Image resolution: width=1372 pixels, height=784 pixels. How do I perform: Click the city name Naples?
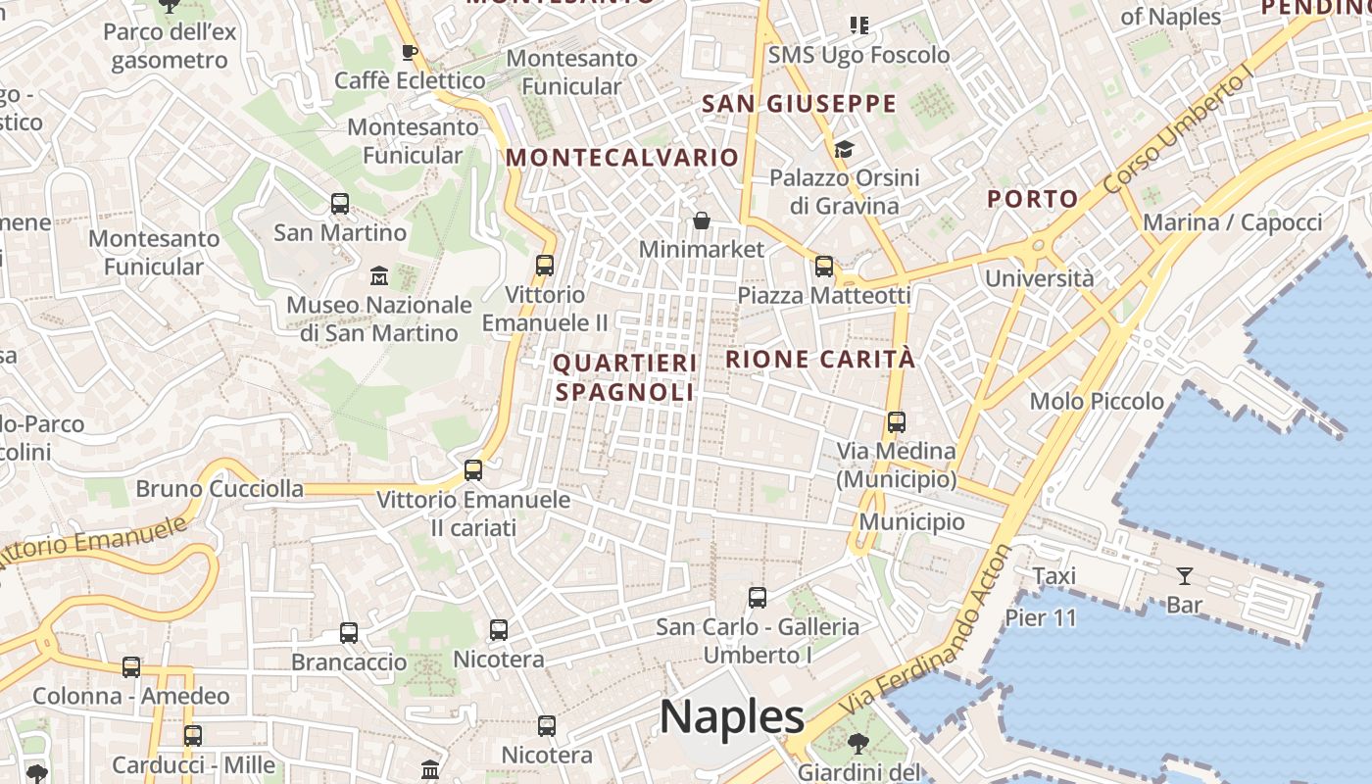pos(732,716)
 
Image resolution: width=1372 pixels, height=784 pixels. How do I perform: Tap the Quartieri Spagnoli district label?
pos(625,377)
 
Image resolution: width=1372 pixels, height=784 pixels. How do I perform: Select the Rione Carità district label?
pos(820,359)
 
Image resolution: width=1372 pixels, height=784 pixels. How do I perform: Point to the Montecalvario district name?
pos(622,157)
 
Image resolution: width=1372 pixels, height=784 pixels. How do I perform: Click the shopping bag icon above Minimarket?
pos(702,220)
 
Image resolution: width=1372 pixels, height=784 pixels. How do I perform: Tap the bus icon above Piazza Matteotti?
pos(824,266)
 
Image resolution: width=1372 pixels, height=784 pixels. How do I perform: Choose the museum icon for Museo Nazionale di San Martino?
pos(379,275)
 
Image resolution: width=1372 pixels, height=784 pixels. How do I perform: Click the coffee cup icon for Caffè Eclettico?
pos(410,52)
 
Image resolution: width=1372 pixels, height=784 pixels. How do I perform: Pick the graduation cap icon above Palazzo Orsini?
pos(844,149)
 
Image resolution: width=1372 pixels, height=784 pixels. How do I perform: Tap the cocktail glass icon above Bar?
pos(1185,575)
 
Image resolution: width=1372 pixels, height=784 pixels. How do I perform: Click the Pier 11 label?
pos(1041,617)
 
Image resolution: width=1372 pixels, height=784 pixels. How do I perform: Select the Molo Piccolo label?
pos(1097,401)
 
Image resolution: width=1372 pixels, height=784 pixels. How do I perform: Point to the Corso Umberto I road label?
pos(1178,131)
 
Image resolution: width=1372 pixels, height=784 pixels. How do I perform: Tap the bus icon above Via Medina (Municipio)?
pos(897,422)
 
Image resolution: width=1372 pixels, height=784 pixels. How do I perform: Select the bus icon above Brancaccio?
pos(349,632)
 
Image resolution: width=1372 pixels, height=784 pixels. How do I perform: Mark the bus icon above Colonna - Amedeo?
pos(131,667)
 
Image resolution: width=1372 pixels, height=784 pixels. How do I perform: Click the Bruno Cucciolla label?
pos(220,488)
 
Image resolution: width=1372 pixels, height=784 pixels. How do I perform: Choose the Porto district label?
pos(1032,199)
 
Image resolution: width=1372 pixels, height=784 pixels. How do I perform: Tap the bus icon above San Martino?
pos(340,204)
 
